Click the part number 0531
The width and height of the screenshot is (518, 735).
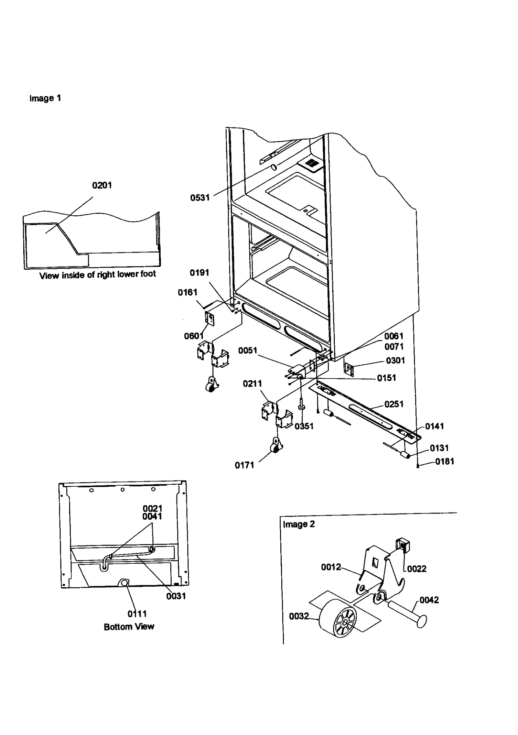pos(200,198)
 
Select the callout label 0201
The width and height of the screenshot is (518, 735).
pos(102,185)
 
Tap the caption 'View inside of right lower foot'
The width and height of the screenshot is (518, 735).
pos(97,275)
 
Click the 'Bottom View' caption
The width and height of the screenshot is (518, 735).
pos(129,627)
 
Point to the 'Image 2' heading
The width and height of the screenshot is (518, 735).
pos(298,524)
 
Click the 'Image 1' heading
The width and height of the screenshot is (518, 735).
pos(45,98)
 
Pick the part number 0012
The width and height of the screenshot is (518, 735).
pos(331,567)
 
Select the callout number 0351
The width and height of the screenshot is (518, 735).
pos(304,426)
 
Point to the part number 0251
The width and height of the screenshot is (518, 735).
pos(394,404)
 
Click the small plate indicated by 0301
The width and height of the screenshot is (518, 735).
pos(348,369)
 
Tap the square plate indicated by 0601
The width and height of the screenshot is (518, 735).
pos(210,318)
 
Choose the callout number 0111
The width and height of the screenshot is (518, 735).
pos(137,614)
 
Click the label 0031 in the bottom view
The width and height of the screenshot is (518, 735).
pos(176,596)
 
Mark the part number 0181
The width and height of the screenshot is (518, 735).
pos(445,461)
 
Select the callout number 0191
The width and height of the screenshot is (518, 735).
pos(199,273)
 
